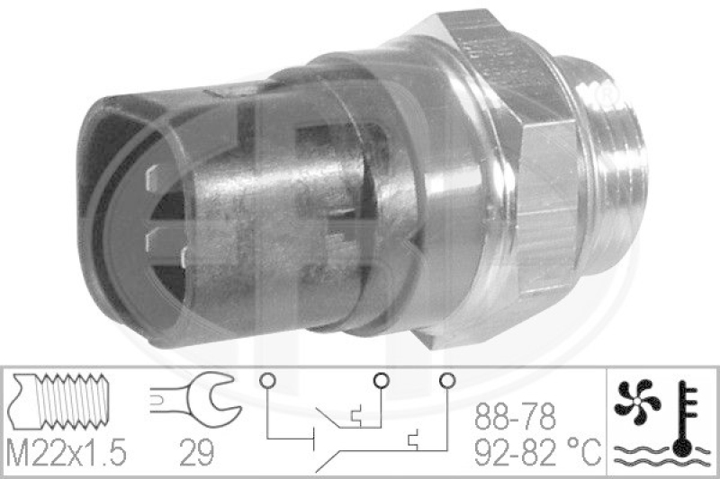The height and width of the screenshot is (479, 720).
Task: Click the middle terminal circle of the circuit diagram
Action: click(379, 380)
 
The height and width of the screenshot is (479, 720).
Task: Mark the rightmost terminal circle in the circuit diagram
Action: click(445, 380)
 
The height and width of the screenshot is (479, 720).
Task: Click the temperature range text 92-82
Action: click(514, 450)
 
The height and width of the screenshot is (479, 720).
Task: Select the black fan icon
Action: click(637, 403)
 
